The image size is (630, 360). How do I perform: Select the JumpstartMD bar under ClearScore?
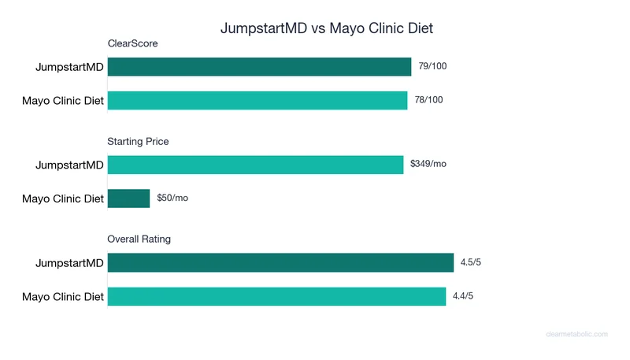tap(259, 67)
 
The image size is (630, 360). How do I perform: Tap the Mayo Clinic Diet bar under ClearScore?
tap(258, 100)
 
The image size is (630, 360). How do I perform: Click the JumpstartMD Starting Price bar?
tap(255, 165)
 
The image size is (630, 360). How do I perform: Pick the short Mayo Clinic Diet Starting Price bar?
tap(128, 199)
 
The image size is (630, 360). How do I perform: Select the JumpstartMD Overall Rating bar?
tap(280, 262)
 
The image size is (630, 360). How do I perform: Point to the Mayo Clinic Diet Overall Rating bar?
tap(276, 296)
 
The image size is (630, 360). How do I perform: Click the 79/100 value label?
tap(432, 66)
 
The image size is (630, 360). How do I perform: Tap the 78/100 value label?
tap(428, 100)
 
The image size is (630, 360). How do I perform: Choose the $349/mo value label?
tap(428, 164)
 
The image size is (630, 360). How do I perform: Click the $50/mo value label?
tap(172, 198)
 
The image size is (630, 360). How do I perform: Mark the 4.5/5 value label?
tap(470, 262)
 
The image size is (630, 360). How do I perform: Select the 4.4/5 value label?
tap(462, 296)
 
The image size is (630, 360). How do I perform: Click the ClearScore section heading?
tap(132, 44)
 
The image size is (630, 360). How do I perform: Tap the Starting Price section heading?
tap(138, 142)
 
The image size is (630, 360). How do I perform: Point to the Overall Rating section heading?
tap(139, 239)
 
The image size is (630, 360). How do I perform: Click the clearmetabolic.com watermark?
tap(576, 334)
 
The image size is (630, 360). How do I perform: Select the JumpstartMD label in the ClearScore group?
tap(69, 67)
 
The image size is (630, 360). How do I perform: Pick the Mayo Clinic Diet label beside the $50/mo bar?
tap(63, 199)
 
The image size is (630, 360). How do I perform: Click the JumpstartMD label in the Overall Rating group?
tap(69, 262)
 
